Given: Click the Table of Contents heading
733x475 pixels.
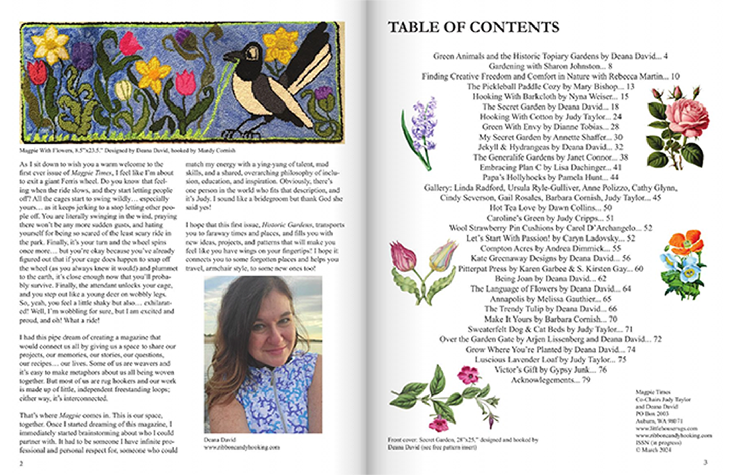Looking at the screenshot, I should click(x=473, y=27).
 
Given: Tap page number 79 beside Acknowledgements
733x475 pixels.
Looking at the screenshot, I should click(x=586, y=380).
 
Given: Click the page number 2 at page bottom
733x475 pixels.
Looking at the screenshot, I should click(x=21, y=463).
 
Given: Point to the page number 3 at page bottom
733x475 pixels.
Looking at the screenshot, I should click(x=705, y=462).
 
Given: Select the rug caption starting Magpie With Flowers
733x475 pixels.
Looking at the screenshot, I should click(x=127, y=151).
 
